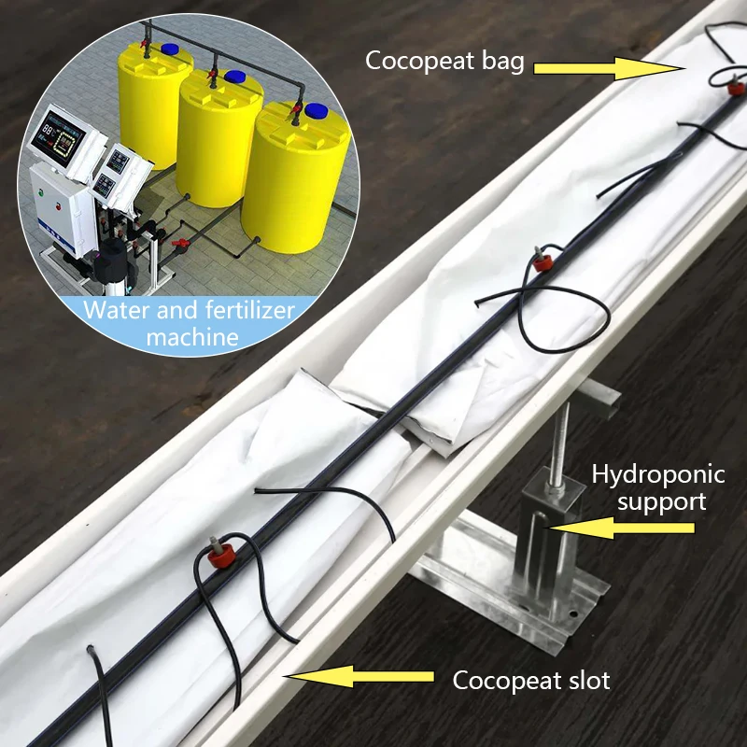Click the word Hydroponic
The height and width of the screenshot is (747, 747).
(x=658, y=474)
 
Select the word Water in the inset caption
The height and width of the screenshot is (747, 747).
(x=114, y=310)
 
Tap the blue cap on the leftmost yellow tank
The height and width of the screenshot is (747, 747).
(x=170, y=48)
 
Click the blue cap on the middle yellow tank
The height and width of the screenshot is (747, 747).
(x=236, y=77)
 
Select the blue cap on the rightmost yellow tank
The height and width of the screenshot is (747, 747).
(x=317, y=110)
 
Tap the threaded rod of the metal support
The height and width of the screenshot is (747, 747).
(x=559, y=439)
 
